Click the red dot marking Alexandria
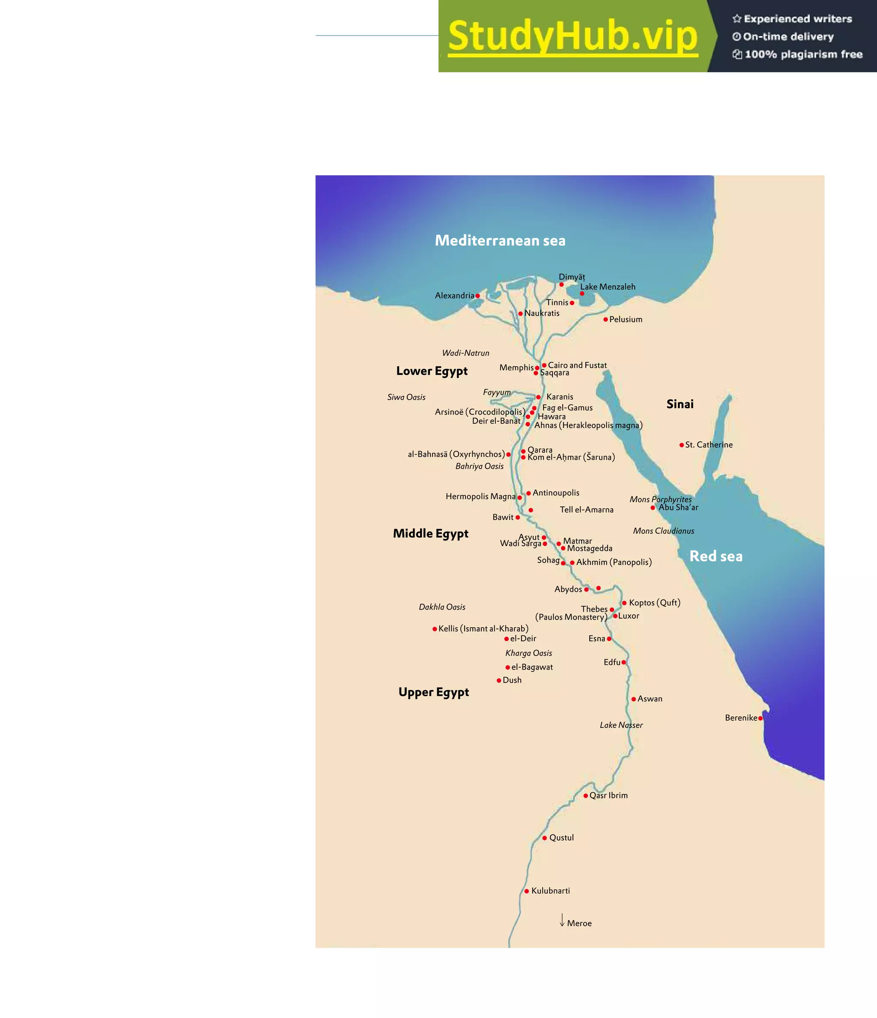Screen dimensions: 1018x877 tap(477, 296)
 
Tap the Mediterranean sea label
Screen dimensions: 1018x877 tap(500, 240)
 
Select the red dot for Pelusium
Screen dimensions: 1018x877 tap(606, 319)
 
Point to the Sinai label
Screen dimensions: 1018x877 tap(680, 404)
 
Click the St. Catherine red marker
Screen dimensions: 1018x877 tap(682, 445)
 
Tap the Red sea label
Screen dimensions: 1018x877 tap(716, 556)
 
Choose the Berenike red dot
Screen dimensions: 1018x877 tap(760, 719)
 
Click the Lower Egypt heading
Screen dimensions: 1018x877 tap(432, 371)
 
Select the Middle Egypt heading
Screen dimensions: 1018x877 tap(430, 533)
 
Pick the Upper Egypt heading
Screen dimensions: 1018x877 tap(434, 692)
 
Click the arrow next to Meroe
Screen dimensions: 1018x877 tap(562, 920)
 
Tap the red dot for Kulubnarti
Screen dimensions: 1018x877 tap(526, 891)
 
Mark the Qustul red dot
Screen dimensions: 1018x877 tap(545, 838)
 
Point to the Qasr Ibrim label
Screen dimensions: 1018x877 tap(609, 796)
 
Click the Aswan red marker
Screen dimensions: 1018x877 tap(633, 699)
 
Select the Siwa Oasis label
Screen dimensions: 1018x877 tap(406, 397)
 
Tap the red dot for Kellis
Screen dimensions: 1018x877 tap(435, 629)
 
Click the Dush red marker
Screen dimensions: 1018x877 tap(499, 680)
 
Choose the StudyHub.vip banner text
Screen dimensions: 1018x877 tap(573, 36)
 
